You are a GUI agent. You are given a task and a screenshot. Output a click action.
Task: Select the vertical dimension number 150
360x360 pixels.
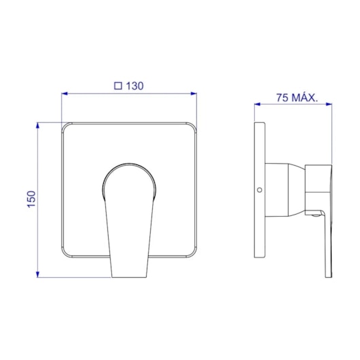pyautogui.click(x=31, y=199)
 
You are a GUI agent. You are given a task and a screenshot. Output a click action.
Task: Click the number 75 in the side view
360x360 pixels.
pyautogui.click(x=284, y=97)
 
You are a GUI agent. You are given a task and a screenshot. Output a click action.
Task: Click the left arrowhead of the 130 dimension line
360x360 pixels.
pyautogui.click(x=65, y=94)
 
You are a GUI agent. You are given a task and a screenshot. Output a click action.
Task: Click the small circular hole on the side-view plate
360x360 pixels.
pyautogui.click(x=260, y=190)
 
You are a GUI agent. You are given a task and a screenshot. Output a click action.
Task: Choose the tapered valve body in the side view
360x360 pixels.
pyautogui.click(x=285, y=190)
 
